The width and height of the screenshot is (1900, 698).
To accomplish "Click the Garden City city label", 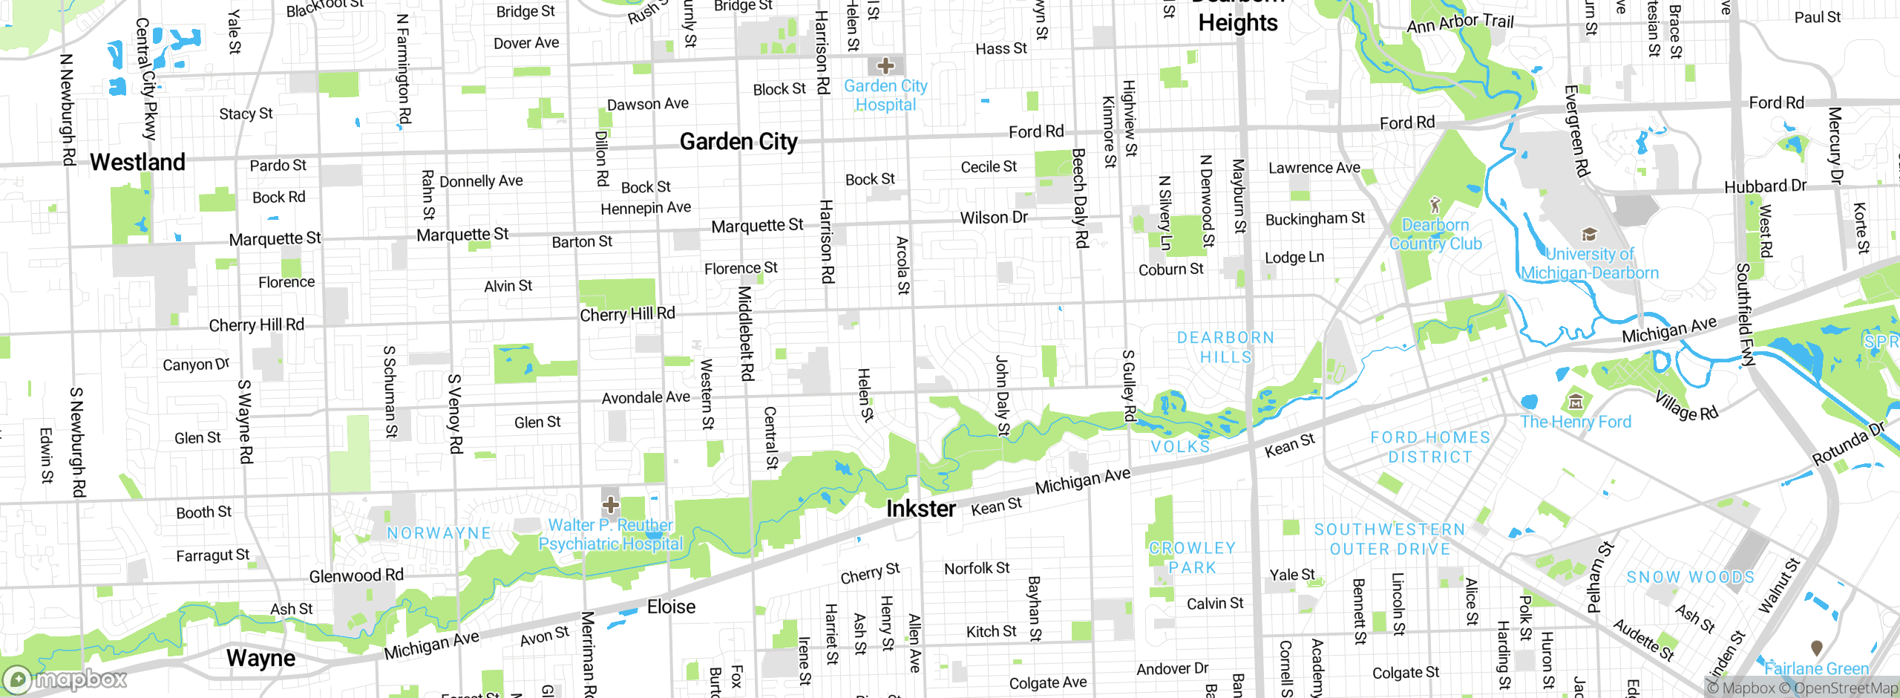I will click(738, 141).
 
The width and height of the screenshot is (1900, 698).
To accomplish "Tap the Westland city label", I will click(137, 162).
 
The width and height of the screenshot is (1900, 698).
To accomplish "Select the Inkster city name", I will click(921, 509).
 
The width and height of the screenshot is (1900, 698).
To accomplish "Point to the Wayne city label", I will click(261, 658).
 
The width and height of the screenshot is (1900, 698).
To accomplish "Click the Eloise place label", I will click(671, 607).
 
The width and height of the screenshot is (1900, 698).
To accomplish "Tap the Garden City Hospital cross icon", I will click(885, 65).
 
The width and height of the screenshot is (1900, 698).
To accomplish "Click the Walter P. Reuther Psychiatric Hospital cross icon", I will click(611, 506).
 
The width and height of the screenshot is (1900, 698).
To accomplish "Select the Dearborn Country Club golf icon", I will click(1435, 204).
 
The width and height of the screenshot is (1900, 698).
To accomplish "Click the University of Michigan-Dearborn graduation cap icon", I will click(1589, 235).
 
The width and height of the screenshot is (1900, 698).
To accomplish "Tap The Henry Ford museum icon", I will click(1575, 402).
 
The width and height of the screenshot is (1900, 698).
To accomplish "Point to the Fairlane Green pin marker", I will click(1816, 648).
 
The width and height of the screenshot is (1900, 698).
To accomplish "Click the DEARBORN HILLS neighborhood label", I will click(1225, 347).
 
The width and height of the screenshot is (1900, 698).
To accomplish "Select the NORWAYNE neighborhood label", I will click(439, 533).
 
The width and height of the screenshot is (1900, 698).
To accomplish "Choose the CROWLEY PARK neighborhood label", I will click(1192, 558).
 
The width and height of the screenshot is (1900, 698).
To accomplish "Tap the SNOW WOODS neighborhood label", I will click(1690, 577).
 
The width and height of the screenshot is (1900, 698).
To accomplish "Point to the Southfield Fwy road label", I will click(1746, 315).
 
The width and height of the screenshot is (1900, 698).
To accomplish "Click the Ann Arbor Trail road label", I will click(1460, 23).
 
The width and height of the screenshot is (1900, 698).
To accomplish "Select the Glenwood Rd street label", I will click(356, 575).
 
